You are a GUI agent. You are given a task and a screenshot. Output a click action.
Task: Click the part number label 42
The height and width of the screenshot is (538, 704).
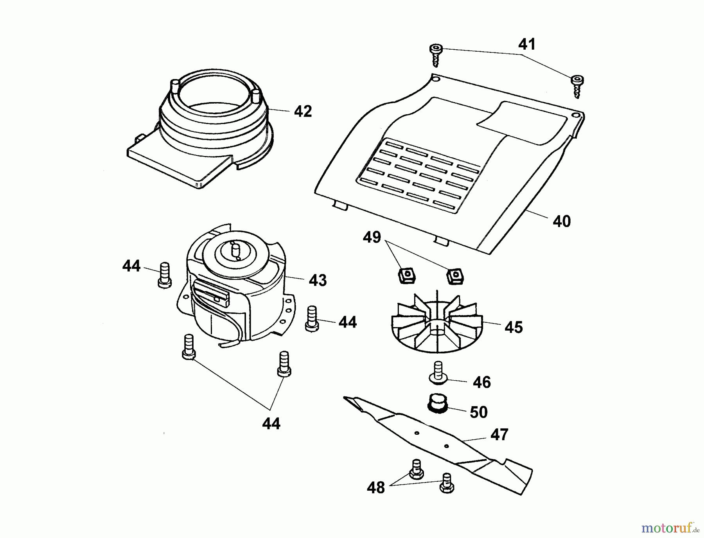coord(303,112)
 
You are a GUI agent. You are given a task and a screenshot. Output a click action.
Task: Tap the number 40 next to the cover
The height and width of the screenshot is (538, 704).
coord(562,221)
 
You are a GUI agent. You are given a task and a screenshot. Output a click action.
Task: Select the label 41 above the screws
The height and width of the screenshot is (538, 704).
coord(527,44)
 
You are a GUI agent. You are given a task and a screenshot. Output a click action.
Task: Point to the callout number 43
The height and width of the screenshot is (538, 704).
coord(318,280)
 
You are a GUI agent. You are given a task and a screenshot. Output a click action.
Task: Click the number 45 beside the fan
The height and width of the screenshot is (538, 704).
coord(514,327)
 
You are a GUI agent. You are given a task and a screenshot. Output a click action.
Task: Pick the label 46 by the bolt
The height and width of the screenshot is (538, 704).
coord(481,382)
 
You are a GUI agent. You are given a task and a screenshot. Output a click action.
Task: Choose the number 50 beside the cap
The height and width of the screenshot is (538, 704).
coord(478,412)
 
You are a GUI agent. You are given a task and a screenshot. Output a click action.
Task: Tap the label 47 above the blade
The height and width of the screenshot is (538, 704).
coord(499,435)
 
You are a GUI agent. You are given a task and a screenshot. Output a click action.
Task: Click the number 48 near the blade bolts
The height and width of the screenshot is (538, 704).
coord(376,488)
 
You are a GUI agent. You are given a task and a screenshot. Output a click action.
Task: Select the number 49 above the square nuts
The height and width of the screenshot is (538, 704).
coord(372,237)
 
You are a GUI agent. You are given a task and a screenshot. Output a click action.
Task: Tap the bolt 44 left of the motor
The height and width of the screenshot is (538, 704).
coord(165,275)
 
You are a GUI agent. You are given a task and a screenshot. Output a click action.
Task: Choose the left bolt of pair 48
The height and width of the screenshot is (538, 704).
coord(416,469)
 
